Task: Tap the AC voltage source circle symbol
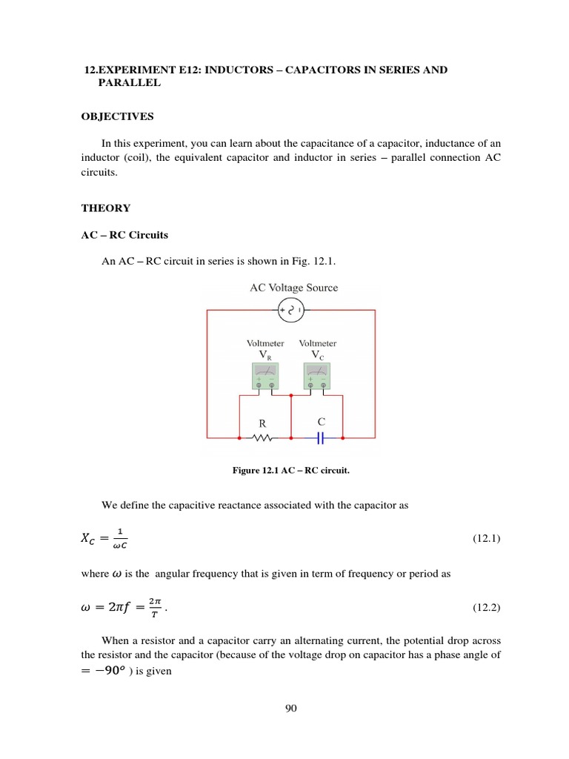coord(290,311)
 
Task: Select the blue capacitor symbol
coord(321,438)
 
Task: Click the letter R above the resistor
coord(262,423)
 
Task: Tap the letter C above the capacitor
coord(321,422)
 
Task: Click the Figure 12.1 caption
coord(290,470)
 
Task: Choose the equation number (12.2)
coord(486,608)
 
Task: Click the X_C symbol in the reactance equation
coord(88,540)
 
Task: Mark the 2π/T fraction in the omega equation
coord(154,608)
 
